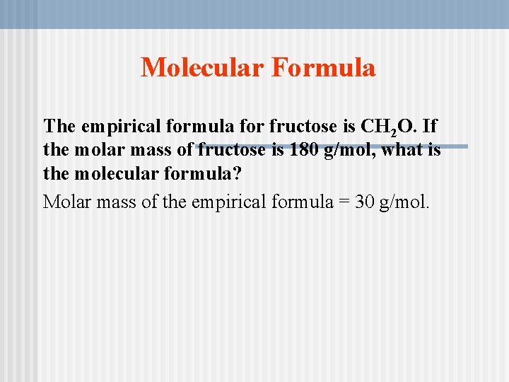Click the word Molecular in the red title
click(x=201, y=68)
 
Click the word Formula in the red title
click(x=322, y=68)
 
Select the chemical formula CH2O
click(x=391, y=127)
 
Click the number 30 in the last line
click(x=365, y=202)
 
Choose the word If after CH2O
click(x=430, y=127)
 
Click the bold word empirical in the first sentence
click(x=124, y=127)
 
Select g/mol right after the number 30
click(x=404, y=202)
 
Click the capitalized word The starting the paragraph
click(x=59, y=127)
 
